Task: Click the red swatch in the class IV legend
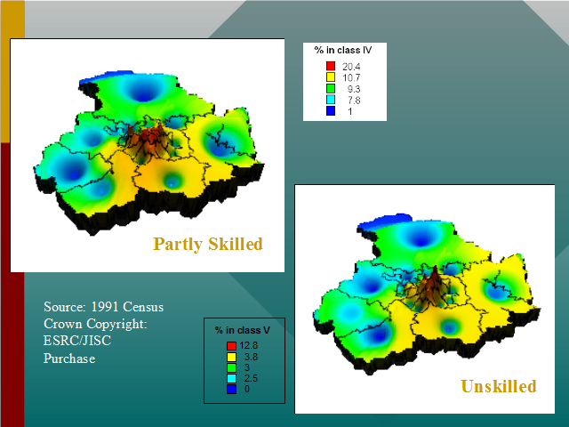331,66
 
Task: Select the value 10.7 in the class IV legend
351,77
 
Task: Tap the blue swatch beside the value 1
331,110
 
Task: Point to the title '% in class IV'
343,50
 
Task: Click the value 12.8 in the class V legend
248,345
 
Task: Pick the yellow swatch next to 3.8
231,357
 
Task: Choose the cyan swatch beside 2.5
231,378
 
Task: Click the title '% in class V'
243,330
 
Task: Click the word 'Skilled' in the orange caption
236,244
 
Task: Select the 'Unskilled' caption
499,386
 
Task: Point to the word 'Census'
143,307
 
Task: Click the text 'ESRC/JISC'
77,341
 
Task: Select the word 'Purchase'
69,359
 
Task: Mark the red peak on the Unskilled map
434,276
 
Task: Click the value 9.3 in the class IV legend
354,89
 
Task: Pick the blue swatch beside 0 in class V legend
231,390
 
